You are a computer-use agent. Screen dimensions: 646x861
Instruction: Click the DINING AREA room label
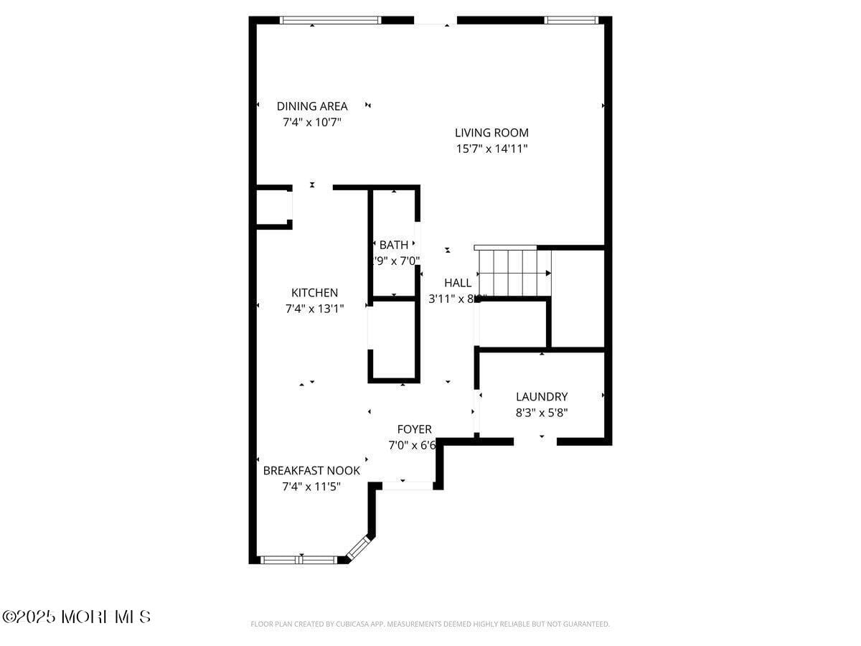pyautogui.click(x=312, y=106)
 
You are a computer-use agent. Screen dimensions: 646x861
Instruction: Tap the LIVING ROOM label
pyautogui.click(x=491, y=133)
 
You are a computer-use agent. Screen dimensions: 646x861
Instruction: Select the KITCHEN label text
pyautogui.click(x=314, y=293)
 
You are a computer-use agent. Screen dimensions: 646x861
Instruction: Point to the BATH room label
pyautogui.click(x=394, y=245)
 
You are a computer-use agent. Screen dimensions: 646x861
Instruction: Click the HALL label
pyautogui.click(x=458, y=283)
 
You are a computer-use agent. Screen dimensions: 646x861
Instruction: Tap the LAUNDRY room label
pyautogui.click(x=542, y=396)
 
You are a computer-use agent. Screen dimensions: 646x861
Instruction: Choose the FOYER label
pyautogui.click(x=414, y=429)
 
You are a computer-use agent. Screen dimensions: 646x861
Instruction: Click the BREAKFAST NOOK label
pyautogui.click(x=311, y=471)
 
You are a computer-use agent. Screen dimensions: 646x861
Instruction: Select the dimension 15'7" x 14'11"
pyautogui.click(x=491, y=149)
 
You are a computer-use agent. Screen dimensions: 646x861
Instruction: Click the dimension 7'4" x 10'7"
pyautogui.click(x=312, y=122)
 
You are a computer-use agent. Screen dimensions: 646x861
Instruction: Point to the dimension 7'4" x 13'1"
pyautogui.click(x=314, y=309)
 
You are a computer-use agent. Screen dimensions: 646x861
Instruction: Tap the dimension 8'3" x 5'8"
pyautogui.click(x=542, y=413)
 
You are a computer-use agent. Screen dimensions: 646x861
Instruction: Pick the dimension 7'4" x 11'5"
pyautogui.click(x=311, y=487)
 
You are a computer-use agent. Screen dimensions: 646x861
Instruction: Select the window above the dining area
pyautogui.click(x=330, y=20)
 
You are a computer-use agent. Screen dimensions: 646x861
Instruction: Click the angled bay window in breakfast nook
pyautogui.click(x=357, y=548)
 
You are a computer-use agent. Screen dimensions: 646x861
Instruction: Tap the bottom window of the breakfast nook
pyautogui.click(x=297, y=560)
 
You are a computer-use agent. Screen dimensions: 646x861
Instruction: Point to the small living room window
pyautogui.click(x=571, y=20)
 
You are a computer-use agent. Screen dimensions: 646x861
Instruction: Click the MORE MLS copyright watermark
pyautogui.click(x=77, y=617)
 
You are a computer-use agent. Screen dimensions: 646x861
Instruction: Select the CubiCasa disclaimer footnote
pyautogui.click(x=430, y=624)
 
